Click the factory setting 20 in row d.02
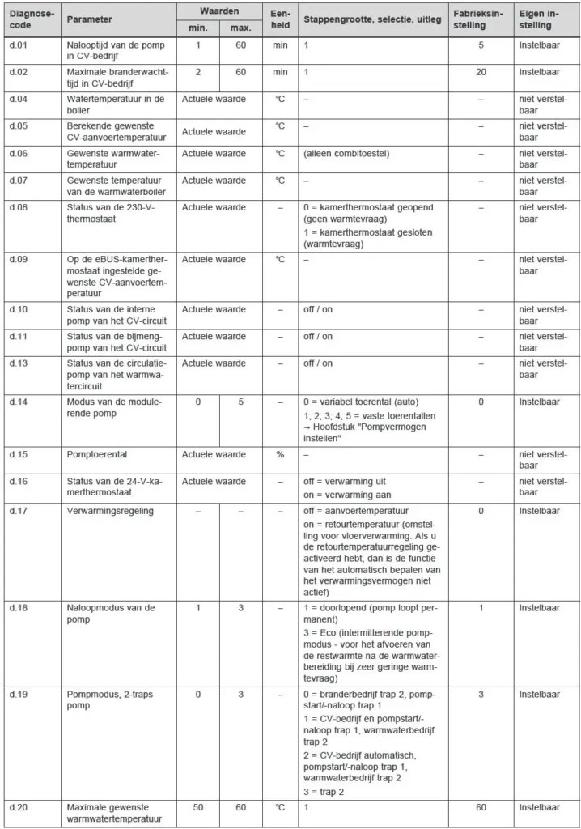click(481, 72)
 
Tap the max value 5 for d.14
click(241, 402)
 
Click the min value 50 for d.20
click(198, 807)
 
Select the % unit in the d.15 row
click(280, 454)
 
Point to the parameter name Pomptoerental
click(96, 454)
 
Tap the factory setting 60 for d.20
click(481, 807)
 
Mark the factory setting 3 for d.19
click(481, 694)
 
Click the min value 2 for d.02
click(198, 72)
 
